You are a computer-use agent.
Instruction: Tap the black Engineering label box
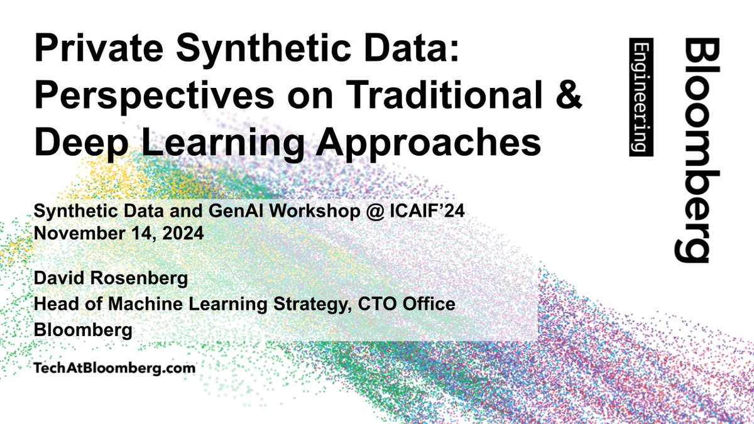pyautogui.click(x=641, y=97)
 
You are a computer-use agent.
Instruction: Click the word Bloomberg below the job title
pyautogui.click(x=83, y=330)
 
